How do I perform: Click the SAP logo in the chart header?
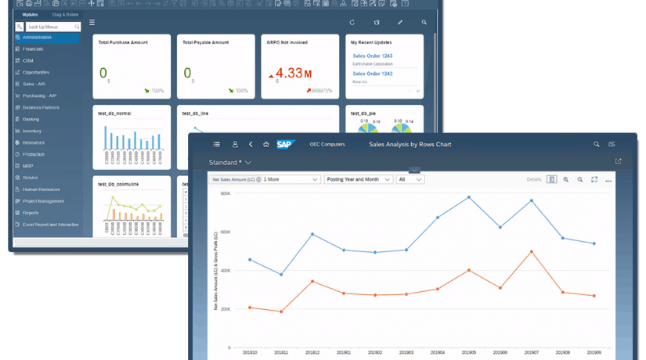[x=284, y=144]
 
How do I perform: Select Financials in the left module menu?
[x=34, y=49]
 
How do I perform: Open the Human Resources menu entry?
[x=42, y=189]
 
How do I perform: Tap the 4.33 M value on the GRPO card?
[x=291, y=74]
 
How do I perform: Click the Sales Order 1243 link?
[x=372, y=56]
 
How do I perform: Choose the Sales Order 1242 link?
[x=372, y=74]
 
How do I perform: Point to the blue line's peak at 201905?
[x=469, y=197]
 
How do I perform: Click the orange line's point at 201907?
[x=532, y=251]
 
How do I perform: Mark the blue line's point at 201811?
[x=281, y=275]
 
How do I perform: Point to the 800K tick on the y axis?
[x=226, y=193]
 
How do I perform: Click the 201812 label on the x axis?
[x=312, y=353]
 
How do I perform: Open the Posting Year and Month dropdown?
[x=358, y=179]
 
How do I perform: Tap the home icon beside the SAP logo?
[x=266, y=144]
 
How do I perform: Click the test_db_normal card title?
[x=114, y=113]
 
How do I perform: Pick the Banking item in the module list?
[x=32, y=119]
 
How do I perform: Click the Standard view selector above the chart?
[x=229, y=162]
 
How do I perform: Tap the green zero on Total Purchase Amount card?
[x=103, y=74]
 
